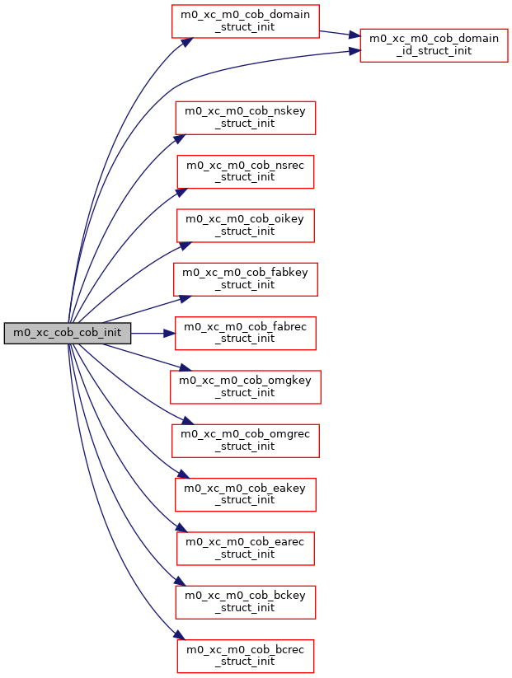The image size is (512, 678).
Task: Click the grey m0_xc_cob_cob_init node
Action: [x=68, y=333]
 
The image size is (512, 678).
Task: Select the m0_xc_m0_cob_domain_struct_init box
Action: [x=245, y=21]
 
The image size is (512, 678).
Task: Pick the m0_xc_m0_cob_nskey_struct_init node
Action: [x=245, y=118]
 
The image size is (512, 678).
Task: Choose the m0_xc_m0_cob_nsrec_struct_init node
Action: [x=245, y=171]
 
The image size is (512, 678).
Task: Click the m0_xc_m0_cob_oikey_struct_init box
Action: [x=245, y=225]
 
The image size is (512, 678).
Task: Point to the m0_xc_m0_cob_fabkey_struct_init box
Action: [x=245, y=278]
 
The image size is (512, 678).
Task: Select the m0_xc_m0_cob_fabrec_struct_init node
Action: [x=245, y=333]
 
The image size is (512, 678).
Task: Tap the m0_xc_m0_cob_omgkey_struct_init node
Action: [x=245, y=386]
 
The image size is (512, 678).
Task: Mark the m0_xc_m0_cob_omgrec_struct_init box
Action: [x=245, y=440]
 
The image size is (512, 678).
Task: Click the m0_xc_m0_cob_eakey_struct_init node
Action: [x=245, y=493]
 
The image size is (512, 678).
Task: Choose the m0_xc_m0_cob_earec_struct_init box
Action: [x=245, y=548]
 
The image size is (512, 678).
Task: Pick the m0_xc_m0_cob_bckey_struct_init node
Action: [x=245, y=601]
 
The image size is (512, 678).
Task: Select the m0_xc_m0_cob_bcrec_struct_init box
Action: [x=245, y=655]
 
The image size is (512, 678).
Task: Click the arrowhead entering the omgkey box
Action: [x=176, y=367]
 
